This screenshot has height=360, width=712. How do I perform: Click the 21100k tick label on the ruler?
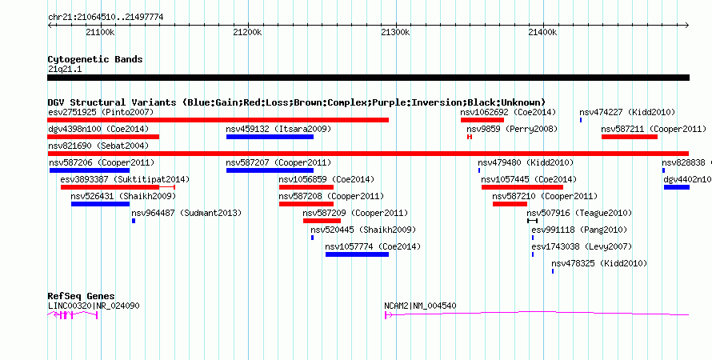100,32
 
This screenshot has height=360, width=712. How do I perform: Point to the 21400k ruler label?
542,32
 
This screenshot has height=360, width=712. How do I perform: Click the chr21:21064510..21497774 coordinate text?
106,18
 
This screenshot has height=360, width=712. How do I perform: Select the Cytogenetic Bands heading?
95,59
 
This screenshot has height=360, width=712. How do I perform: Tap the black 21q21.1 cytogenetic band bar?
368,78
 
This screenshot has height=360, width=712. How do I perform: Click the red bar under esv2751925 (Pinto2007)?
218,120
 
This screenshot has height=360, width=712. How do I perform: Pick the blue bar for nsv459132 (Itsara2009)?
270,137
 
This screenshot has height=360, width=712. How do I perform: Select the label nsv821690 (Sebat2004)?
98,146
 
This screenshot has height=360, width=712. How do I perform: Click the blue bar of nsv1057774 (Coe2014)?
357,254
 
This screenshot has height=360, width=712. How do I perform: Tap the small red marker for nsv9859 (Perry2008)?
470,137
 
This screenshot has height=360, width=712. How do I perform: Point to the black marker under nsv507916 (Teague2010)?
532,221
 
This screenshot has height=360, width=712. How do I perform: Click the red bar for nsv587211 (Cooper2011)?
630,137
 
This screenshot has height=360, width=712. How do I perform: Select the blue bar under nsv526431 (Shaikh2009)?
100,204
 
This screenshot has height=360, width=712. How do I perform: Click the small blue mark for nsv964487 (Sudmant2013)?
134,221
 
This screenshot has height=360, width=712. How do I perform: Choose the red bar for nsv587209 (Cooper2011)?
322,221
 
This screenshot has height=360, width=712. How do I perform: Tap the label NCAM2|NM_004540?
421,306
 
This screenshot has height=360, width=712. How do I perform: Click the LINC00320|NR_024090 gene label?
94,306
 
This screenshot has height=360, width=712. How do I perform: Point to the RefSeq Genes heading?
82,297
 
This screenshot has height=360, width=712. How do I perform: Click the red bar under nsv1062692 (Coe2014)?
482,120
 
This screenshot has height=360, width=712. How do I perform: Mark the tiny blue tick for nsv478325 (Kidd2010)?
553,271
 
